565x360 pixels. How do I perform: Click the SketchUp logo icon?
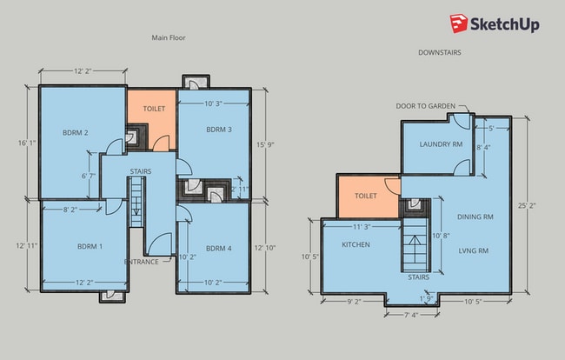pyautogui.click(x=459, y=23)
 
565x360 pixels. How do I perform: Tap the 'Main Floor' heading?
pyautogui.click(x=169, y=37)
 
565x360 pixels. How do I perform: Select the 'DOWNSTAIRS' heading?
pyautogui.click(x=439, y=52)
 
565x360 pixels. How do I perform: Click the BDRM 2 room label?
pyautogui.click(x=76, y=133)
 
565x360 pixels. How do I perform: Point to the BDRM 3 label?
pyautogui.click(x=219, y=130)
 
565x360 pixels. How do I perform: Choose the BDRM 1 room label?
pyautogui.click(x=90, y=246)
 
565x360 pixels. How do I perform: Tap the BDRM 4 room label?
pyautogui.click(x=219, y=249)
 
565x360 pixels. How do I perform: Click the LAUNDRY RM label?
pyautogui.click(x=441, y=144)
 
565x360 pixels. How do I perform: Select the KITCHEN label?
pyautogui.click(x=356, y=244)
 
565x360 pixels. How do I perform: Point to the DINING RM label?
pyautogui.click(x=475, y=217)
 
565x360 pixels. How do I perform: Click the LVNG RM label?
pyautogui.click(x=473, y=250)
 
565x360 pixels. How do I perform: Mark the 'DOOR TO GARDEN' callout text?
pyautogui.click(x=426, y=106)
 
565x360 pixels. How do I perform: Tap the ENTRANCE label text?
pyautogui.click(x=141, y=262)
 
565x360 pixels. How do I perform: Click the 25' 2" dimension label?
pyautogui.click(x=527, y=206)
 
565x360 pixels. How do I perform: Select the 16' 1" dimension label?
pyautogui.click(x=28, y=143)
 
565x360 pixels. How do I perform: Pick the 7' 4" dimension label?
pyautogui.click(x=411, y=315)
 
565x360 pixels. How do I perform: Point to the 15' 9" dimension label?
pyautogui.click(x=266, y=144)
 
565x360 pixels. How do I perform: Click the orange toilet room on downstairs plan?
pyautogui.click(x=369, y=197)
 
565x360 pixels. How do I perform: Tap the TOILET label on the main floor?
pyautogui.click(x=154, y=109)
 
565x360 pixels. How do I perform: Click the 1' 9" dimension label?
pyautogui.click(x=426, y=299)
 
